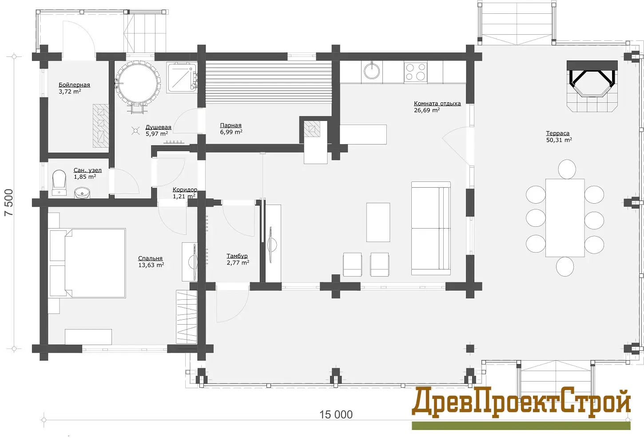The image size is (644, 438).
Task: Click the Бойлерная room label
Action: (74, 85)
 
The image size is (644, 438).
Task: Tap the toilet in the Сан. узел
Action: (59, 182)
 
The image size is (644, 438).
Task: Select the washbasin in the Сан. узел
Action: (82, 193)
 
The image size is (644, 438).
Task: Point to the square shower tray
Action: (182, 78)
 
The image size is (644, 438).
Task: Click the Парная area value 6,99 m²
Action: (231, 132)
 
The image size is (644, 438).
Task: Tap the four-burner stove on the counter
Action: (415, 72)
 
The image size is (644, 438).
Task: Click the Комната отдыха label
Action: (437, 103)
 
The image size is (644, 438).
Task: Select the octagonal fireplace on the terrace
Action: (592, 86)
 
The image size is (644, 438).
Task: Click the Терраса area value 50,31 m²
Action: (559, 140)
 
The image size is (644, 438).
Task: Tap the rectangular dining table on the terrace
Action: (565, 217)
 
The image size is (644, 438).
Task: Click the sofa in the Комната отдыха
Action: (431, 228)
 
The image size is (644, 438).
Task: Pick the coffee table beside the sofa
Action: (378, 222)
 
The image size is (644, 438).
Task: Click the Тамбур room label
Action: (237, 256)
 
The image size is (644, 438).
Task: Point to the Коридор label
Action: (185, 189)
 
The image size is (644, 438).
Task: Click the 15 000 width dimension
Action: (336, 415)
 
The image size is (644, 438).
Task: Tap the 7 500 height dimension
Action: (9, 202)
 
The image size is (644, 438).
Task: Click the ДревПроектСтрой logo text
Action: (521, 402)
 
